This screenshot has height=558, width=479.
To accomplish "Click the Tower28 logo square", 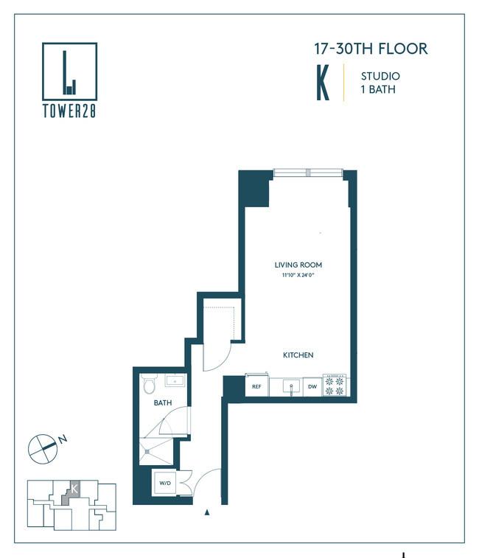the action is (x=69, y=44).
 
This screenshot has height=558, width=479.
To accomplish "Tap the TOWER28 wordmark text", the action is (x=69, y=111).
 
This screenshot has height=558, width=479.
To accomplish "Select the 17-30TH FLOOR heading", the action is (x=371, y=49).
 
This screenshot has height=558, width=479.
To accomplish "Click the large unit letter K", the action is (x=323, y=83).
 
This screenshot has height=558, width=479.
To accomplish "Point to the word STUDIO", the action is (x=380, y=76).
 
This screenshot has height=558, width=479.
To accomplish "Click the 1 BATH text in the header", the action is (x=378, y=89).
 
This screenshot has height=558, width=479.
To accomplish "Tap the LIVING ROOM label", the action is (x=298, y=265).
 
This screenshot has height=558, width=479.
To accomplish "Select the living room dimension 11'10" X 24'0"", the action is (x=298, y=275).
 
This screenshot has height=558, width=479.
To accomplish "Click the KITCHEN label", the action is (x=298, y=355).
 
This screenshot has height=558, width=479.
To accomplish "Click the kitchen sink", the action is (x=291, y=387).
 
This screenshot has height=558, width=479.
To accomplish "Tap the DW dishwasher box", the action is (x=312, y=387).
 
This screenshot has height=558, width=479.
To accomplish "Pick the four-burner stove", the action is (x=335, y=386).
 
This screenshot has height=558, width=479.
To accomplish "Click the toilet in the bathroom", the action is (x=149, y=384).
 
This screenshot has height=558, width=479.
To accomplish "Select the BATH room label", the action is (x=163, y=403).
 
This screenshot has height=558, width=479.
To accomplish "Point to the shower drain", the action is (x=147, y=452).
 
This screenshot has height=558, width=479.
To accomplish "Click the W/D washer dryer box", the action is (x=165, y=483).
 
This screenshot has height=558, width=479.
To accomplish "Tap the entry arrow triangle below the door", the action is (x=207, y=512).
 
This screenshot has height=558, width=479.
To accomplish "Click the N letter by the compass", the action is (x=63, y=439).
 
